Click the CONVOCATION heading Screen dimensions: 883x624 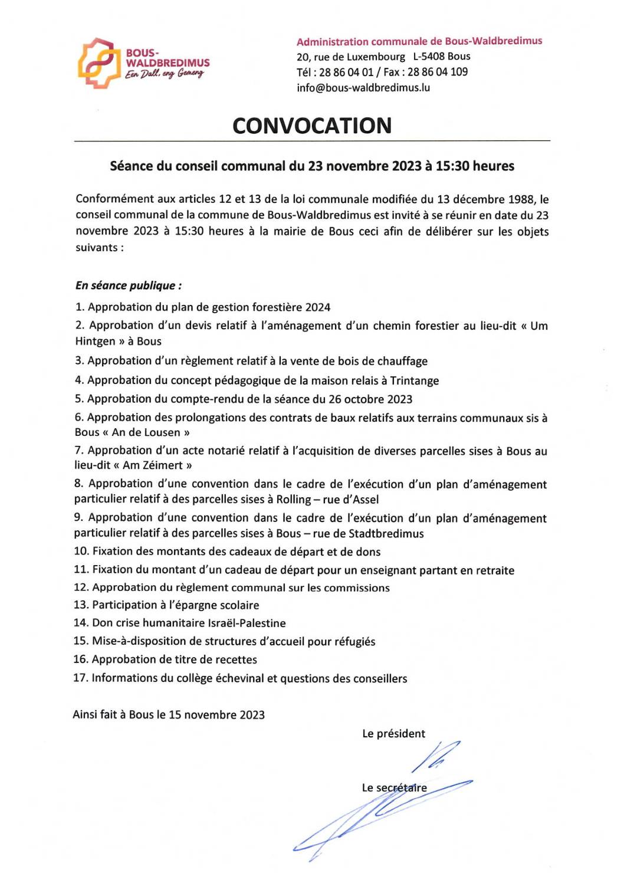[312, 126]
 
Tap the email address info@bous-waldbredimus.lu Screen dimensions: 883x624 [363, 88]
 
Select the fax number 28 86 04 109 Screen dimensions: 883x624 [438, 72]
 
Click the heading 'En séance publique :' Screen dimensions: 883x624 [129, 285]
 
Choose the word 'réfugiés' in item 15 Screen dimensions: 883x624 [352, 642]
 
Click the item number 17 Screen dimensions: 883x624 [80, 678]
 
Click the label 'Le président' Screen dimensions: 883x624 [393, 734]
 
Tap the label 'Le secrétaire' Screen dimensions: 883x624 [394, 788]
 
